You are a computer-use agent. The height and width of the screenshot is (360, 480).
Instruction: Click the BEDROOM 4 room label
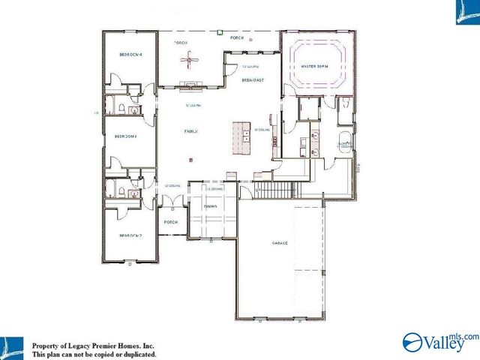click(130, 55)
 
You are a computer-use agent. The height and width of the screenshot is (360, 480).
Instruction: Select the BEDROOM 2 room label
click(130, 236)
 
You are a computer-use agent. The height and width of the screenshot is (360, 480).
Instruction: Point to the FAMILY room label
click(191, 131)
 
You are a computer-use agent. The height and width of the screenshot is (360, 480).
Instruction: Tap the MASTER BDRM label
click(316, 66)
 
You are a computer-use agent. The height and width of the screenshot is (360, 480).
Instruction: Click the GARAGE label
click(281, 244)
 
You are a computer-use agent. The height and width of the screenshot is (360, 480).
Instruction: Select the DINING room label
click(211, 206)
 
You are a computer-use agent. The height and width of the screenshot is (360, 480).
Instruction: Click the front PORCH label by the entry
click(170, 223)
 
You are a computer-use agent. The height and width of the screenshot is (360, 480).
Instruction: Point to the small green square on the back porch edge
click(218, 31)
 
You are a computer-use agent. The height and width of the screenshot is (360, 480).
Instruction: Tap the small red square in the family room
click(191, 160)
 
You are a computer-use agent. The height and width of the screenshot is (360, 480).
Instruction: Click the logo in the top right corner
click(466, 13)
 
